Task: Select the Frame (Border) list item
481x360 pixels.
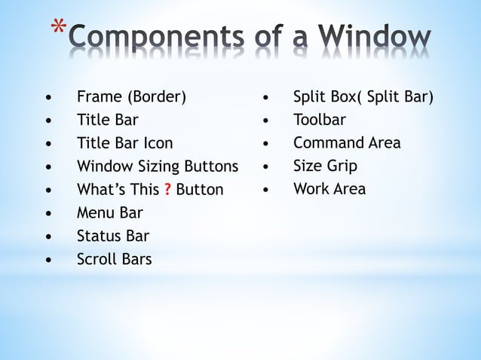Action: pyautogui.click(x=131, y=97)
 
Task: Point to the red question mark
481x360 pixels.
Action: pyautogui.click(x=167, y=190)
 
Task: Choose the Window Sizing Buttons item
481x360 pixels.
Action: pyautogui.click(x=157, y=166)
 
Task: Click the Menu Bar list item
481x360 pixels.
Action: pyautogui.click(x=109, y=213)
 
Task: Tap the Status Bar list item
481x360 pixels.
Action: pyautogui.click(x=113, y=236)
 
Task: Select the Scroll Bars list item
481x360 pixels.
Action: pyautogui.click(x=114, y=260)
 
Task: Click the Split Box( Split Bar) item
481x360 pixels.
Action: pyautogui.click(x=363, y=97)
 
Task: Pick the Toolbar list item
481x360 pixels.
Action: pyautogui.click(x=320, y=120)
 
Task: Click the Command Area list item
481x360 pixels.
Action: pyautogui.click(x=347, y=143)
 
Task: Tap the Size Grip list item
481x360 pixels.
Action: pyautogui.click(x=325, y=166)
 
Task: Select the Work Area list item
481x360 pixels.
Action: pyautogui.click(x=329, y=189)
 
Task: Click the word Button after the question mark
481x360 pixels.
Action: pyautogui.click(x=200, y=190)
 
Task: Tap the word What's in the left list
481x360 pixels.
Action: pyautogui.click(x=101, y=190)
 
